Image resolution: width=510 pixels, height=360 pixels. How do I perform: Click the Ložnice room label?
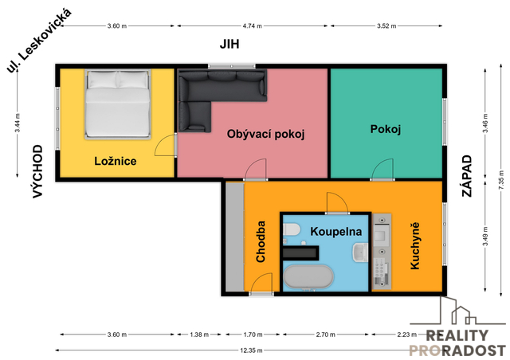click(116, 161)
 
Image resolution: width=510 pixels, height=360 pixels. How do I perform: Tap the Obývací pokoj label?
click(265, 134)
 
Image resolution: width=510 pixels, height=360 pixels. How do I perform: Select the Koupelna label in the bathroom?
click(336, 232)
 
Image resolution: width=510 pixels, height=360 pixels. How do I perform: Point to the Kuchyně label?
click(414, 246)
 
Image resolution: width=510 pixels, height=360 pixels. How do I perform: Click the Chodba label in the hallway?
click(261, 241)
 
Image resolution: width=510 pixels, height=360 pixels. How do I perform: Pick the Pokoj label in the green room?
click(386, 129)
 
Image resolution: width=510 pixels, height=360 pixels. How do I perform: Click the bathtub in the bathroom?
click(308, 276)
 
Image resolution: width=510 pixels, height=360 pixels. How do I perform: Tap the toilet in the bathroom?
click(291, 229)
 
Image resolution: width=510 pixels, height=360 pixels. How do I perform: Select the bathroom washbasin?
click(359, 252)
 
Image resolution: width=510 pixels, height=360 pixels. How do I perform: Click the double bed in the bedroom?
click(118, 104)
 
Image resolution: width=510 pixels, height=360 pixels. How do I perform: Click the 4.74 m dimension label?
click(253, 26)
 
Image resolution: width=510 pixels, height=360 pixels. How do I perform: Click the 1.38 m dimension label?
click(199, 335)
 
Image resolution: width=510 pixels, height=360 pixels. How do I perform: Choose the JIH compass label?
click(229, 44)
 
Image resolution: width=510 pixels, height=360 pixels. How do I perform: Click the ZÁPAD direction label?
click(467, 176)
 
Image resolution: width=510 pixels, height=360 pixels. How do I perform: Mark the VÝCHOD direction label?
click(37, 171)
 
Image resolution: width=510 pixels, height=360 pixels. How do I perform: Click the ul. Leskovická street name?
click(39, 41)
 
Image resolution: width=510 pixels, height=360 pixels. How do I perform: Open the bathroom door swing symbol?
click(338, 203)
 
